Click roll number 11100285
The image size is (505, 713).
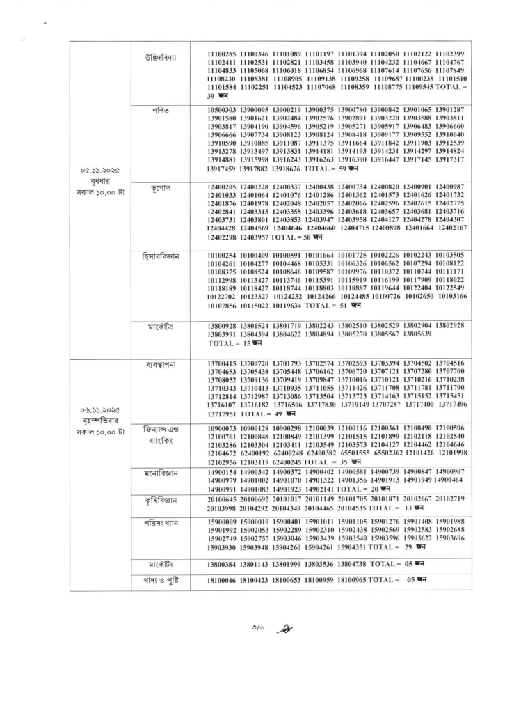(223, 54)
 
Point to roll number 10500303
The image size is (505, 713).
(223, 111)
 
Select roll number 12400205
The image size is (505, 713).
(223, 187)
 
